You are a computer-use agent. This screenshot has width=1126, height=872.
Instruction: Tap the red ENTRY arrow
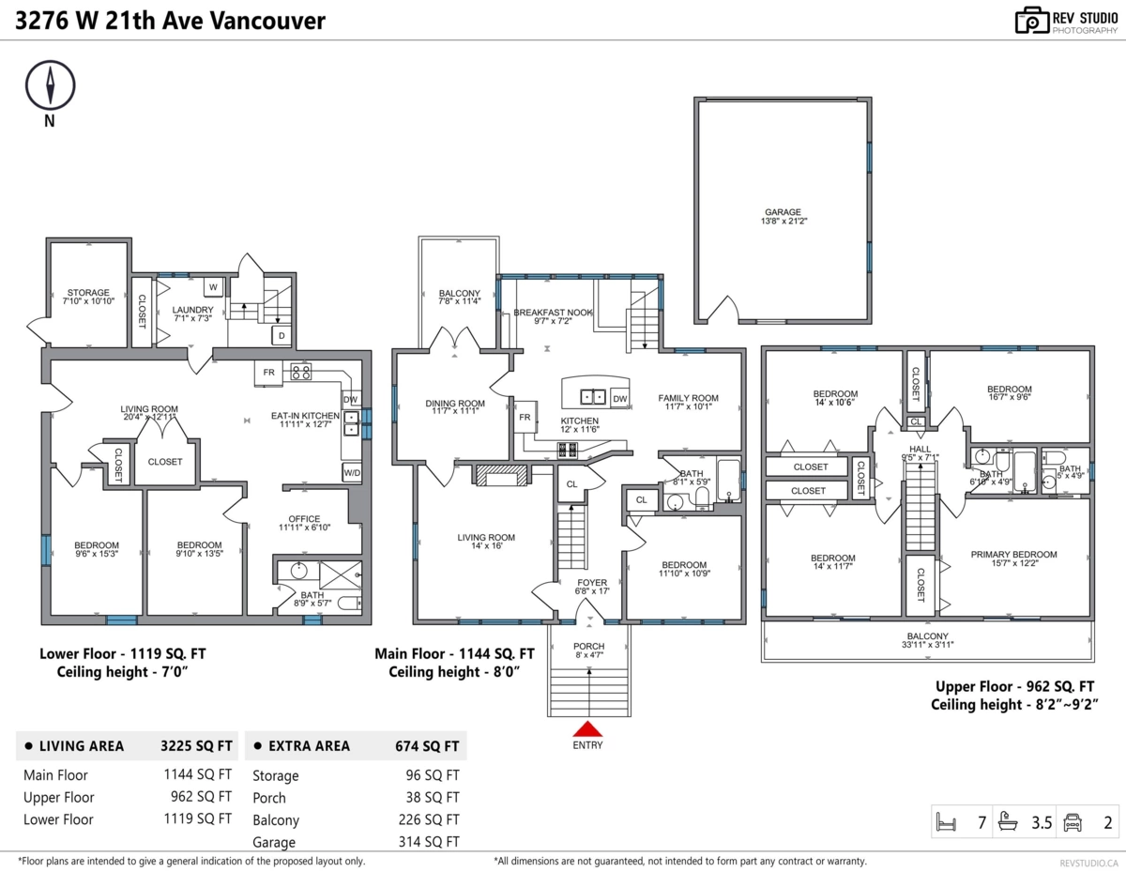pos(587,729)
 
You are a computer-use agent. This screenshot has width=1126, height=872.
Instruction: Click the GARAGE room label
pos(782,212)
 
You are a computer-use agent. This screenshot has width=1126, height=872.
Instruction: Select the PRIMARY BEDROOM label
pos(1013,555)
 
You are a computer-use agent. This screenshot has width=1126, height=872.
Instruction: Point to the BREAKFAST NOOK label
pos(553,313)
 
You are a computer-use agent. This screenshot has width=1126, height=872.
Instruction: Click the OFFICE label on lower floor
pos(304,519)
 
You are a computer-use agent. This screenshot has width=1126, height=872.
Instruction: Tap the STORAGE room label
pos(87,293)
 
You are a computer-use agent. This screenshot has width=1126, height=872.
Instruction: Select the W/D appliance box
pos(352,472)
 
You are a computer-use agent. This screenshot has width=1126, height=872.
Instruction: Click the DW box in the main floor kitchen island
pos(619,399)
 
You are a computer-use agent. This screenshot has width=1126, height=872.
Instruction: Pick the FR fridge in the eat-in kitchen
pos(268,373)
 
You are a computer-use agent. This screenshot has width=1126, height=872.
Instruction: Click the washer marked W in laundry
pos(212,286)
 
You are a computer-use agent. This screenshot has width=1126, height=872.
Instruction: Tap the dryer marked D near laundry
pos(281,335)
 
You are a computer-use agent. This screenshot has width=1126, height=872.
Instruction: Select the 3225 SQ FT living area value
pos(196,746)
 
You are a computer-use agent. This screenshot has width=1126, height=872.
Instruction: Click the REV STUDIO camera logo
pos(1030,21)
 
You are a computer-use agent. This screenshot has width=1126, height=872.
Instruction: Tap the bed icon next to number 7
pos(945,823)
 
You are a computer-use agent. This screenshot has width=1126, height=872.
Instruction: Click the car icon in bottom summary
pos(1072,823)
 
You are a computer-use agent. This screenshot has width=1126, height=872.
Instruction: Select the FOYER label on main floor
pos(592,583)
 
